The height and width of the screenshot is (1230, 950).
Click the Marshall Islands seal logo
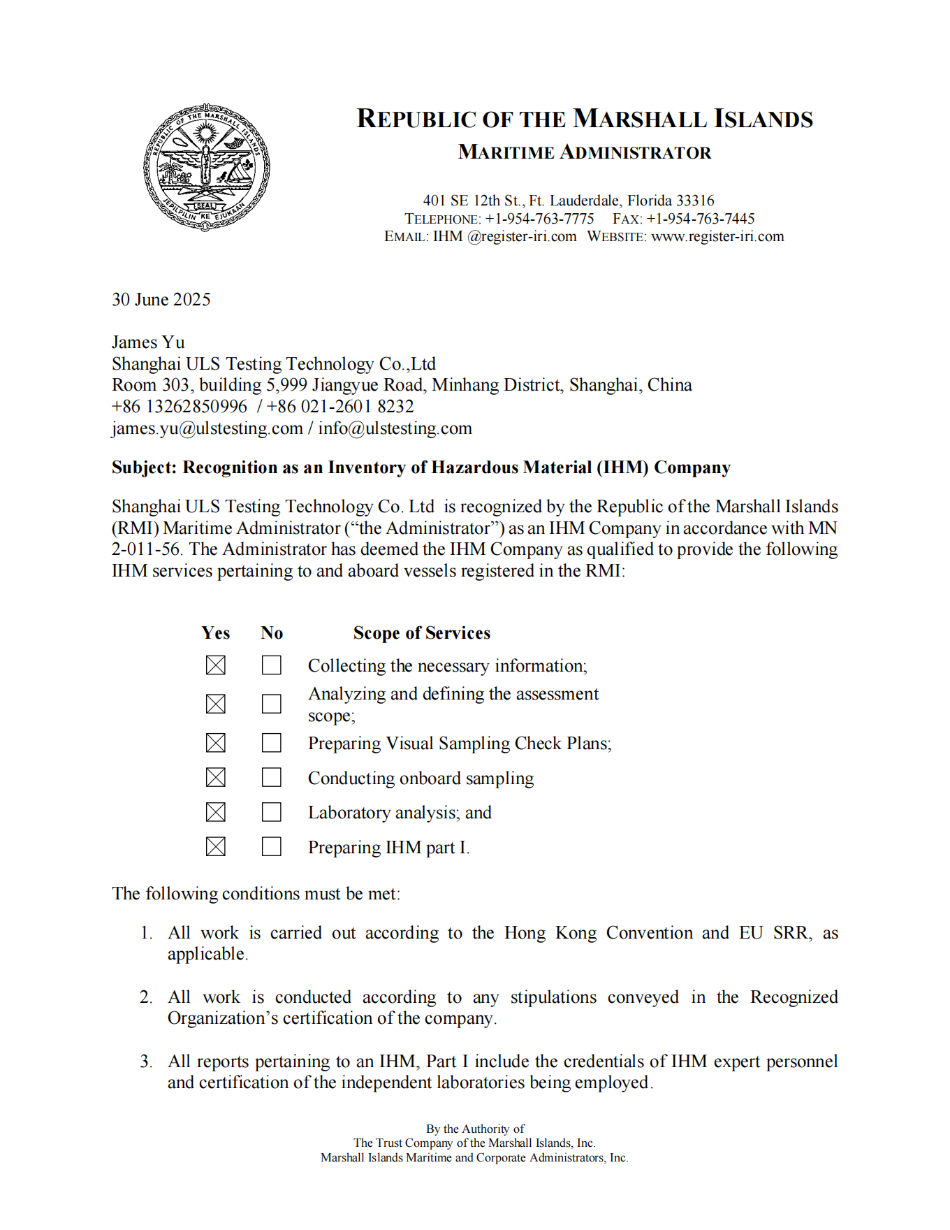click(206, 168)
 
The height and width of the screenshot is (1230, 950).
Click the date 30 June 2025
click(161, 300)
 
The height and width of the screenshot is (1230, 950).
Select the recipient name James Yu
click(148, 342)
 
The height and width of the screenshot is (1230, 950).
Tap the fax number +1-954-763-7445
click(700, 219)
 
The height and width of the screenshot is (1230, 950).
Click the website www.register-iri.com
click(717, 237)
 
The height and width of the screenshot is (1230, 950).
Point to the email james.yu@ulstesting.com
click(207, 428)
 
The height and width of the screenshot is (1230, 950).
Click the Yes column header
click(215, 633)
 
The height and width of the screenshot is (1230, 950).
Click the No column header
click(272, 633)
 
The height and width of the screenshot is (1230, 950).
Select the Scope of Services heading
click(421, 633)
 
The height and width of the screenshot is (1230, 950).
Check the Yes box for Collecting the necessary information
click(216, 665)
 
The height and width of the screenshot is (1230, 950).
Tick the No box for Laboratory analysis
click(272, 812)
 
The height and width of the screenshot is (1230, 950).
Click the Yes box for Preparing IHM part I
click(216, 847)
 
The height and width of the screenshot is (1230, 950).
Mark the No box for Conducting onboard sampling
click(272, 777)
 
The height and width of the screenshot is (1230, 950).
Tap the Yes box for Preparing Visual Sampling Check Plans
click(216, 742)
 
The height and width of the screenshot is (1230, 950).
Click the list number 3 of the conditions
click(145, 1062)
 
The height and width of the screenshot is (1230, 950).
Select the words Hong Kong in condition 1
click(550, 933)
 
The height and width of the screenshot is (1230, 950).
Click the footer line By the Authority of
click(475, 1129)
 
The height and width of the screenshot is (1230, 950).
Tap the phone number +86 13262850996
click(180, 407)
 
